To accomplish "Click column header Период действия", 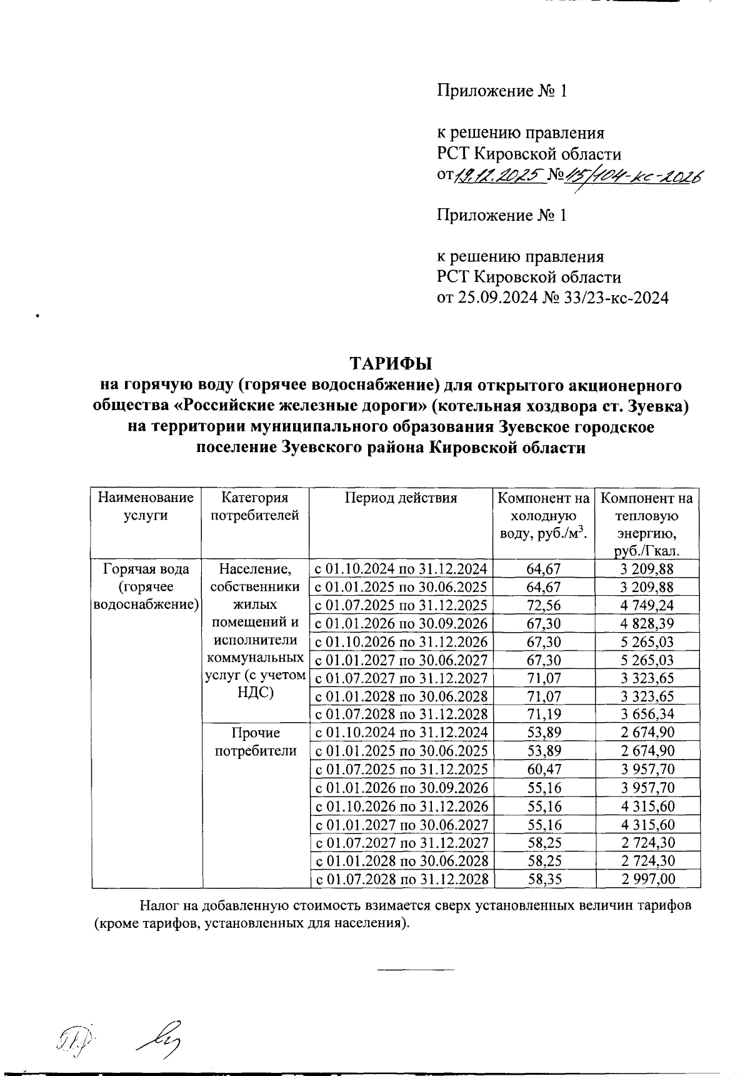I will [x=401, y=498].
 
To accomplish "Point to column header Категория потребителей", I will [x=255, y=506].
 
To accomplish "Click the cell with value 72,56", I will [x=544, y=605].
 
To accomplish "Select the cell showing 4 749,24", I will [x=647, y=605].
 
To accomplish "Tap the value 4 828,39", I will [x=647, y=623].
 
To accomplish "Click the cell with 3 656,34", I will [x=647, y=714].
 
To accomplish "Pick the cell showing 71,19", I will [x=544, y=714].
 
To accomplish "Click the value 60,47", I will [x=544, y=769].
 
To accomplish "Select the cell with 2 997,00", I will [x=647, y=879].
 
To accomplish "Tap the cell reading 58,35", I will [x=544, y=879].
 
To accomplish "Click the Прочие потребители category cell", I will [x=255, y=742].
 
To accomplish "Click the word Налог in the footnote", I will [x=159, y=906].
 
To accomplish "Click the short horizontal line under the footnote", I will [x=415, y=970].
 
